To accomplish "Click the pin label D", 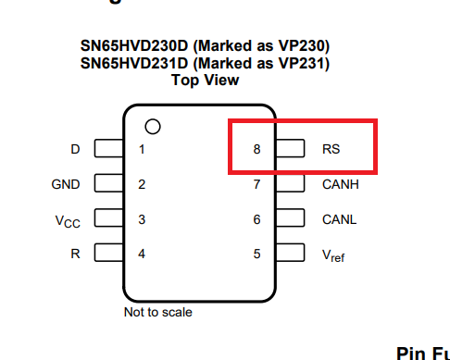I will coord(75,149).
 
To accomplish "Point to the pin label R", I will coord(75,254).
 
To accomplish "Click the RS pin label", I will coord(331,148).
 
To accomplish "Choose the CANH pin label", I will coord(340,184).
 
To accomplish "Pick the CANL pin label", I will coord(339,219).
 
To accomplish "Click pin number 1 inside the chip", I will coord(142,149).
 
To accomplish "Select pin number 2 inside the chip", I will coord(142,184).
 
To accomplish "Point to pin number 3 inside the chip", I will coord(142,219).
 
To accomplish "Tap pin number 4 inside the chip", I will coord(142,254).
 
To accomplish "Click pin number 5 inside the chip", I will coord(256,254).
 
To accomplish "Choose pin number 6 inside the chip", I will coord(256,219).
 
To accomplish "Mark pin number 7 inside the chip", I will coord(256,184).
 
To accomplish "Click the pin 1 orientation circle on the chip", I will coord(153,125).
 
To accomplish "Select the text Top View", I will coord(205,81).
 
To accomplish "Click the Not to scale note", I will coord(158,312).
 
